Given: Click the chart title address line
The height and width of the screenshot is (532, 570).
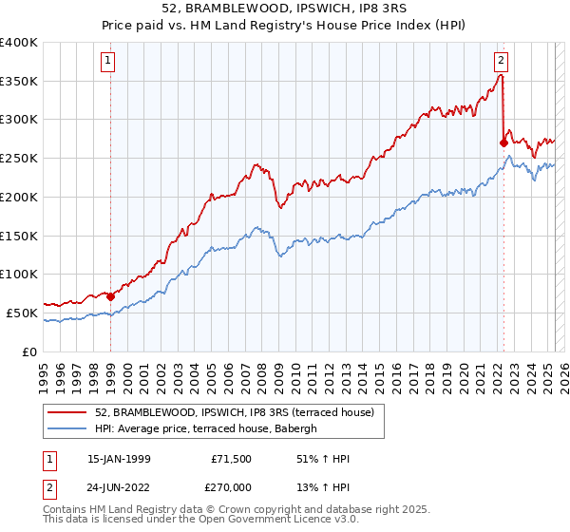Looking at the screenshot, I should pyautogui.click(x=285, y=10).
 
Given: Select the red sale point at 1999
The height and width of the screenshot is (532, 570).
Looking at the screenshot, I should pyautogui.click(x=110, y=296).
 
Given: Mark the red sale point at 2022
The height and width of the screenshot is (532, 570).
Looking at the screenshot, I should pyautogui.click(x=503, y=142).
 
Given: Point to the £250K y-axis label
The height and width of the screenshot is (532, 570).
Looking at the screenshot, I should pyautogui.click(x=19, y=159).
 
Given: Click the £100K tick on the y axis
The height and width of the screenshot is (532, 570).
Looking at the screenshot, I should pyautogui.click(x=19, y=275).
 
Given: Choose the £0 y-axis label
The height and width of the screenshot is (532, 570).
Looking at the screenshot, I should pyautogui.click(x=30, y=351).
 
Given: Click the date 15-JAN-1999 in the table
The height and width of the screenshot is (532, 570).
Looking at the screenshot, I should pyautogui.click(x=119, y=459).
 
